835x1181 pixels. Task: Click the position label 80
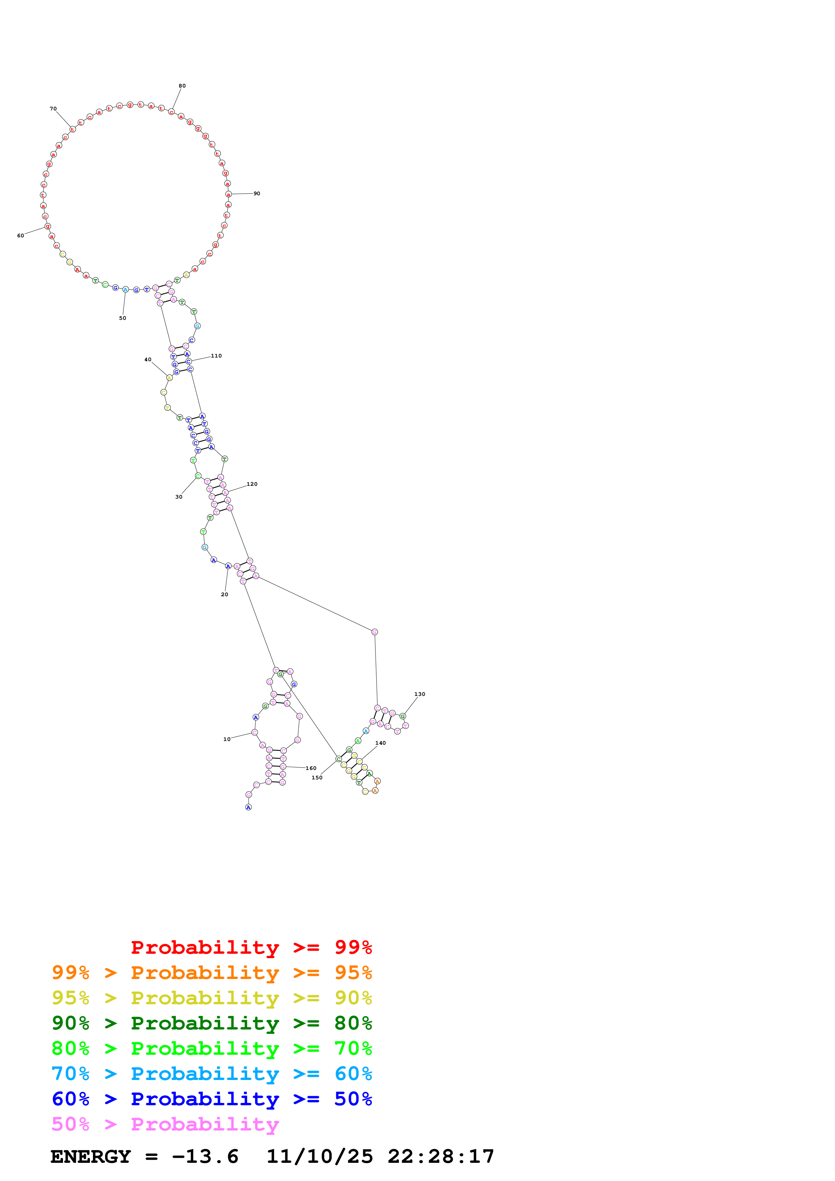pyautogui.click(x=182, y=86)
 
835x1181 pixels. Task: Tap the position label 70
pyautogui.click(x=53, y=108)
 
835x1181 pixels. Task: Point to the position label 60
pyautogui.click(x=21, y=236)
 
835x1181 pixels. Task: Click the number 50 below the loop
pyautogui.click(x=123, y=318)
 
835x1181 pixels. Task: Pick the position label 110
pyautogui.click(x=216, y=356)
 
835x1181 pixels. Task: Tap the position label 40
pyautogui.click(x=148, y=360)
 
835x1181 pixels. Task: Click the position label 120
pyautogui.click(x=252, y=484)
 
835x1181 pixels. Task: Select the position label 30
pyautogui.click(x=179, y=497)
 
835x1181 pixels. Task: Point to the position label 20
pyautogui.click(x=224, y=594)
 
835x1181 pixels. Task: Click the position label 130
pyautogui.click(x=419, y=694)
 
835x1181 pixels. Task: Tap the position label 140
pyautogui.click(x=380, y=743)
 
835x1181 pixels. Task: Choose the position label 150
pyautogui.click(x=317, y=777)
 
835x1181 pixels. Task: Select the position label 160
pyautogui.click(x=311, y=768)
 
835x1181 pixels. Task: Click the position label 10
pyautogui.click(x=227, y=739)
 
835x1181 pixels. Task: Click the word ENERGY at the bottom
pyautogui.click(x=91, y=1156)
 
